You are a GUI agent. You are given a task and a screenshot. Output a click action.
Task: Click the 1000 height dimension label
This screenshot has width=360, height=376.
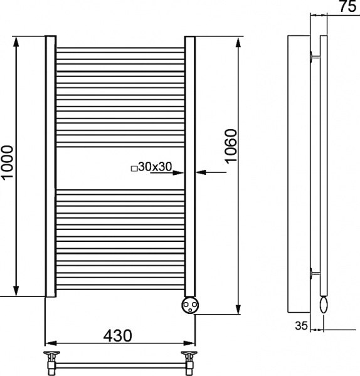[x=7, y=162]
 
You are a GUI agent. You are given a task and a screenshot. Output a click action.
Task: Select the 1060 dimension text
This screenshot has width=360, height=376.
[x=231, y=147]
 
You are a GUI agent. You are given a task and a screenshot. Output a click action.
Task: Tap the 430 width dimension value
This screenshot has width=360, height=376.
[x=118, y=335]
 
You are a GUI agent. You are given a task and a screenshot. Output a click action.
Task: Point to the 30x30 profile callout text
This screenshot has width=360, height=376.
[x=155, y=167]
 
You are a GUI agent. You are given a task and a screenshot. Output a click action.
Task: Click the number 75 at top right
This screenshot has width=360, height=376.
[x=347, y=6]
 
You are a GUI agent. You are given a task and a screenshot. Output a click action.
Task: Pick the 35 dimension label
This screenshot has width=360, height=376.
[x=301, y=326]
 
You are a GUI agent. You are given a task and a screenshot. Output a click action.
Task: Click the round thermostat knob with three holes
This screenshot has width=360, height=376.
[x=190, y=305]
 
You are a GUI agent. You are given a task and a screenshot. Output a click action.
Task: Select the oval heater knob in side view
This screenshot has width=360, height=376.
[x=324, y=304]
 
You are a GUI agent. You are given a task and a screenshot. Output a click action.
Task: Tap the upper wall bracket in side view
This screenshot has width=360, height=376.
[x=315, y=57]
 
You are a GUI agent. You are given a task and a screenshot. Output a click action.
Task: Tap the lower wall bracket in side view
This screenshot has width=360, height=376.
[x=315, y=273]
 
